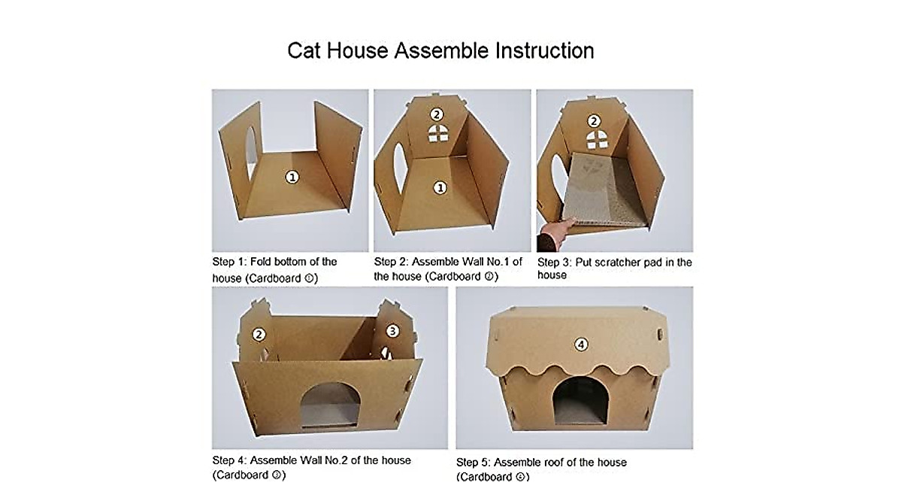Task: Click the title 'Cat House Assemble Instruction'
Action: pyautogui.click(x=440, y=50)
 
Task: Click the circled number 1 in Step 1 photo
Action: pyautogui.click(x=292, y=176)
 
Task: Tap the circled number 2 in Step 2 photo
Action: pyautogui.click(x=437, y=114)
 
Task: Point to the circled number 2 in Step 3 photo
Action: pyautogui.click(x=595, y=120)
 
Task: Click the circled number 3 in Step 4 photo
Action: pyautogui.click(x=392, y=331)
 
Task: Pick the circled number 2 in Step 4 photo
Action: pyautogui.click(x=259, y=335)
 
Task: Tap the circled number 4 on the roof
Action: pyautogui.click(x=580, y=345)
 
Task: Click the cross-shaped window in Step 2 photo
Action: pyautogui.click(x=437, y=134)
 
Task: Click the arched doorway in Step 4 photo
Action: pyautogui.click(x=330, y=405)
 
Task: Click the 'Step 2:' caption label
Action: pyautogui.click(x=391, y=262)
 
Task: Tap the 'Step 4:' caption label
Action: pyautogui.click(x=229, y=460)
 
